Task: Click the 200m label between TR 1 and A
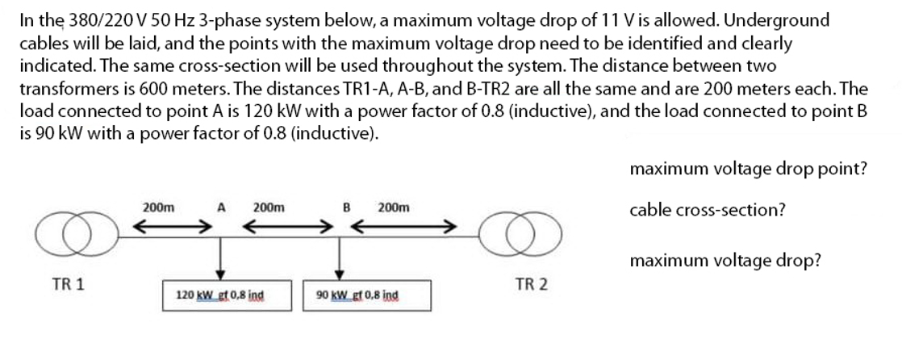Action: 157,207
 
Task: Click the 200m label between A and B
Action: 267,207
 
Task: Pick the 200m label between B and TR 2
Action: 393,207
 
